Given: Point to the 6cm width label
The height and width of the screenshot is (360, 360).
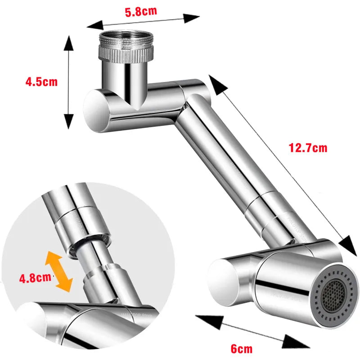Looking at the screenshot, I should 241,348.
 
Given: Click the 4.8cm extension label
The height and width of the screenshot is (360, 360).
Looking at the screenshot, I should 35,277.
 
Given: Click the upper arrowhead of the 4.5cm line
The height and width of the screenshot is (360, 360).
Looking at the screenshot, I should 68,41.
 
